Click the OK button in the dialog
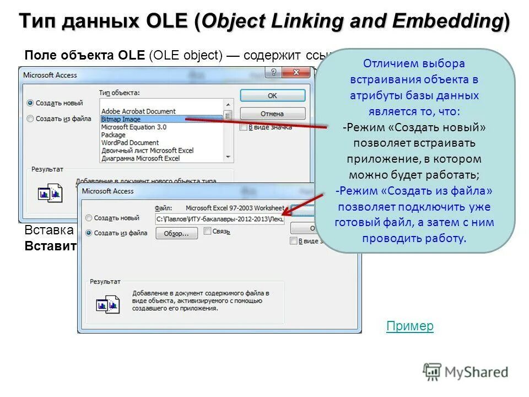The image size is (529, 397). tap(272, 95)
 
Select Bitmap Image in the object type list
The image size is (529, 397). tap(121, 119)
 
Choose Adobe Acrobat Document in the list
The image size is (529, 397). tap(138, 111)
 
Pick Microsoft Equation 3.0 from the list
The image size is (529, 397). tap(133, 127)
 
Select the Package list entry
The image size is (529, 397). tap(114, 135)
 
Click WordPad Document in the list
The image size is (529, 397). tap(130, 142)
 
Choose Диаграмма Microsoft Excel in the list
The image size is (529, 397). tap(141, 158)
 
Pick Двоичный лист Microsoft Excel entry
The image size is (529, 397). tap(147, 150)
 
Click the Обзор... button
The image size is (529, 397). tap(180, 233)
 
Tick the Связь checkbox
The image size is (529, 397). tap(208, 232)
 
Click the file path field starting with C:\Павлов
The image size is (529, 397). tap(219, 219)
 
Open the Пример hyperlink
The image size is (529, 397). tap(409, 326)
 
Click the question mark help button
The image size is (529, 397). tap(273, 73)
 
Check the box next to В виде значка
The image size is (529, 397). tap(244, 127)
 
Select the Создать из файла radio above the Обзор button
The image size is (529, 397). tap(89, 233)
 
